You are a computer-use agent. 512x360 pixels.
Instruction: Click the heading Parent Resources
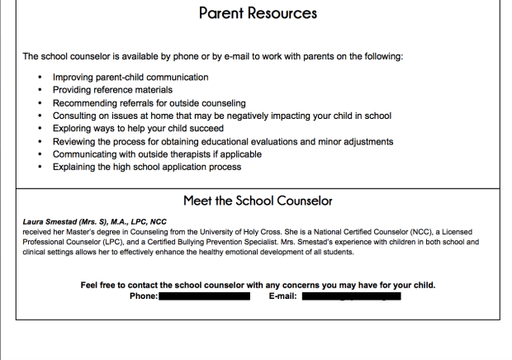(x=258, y=14)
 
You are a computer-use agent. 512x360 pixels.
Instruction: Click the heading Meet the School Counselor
(x=258, y=201)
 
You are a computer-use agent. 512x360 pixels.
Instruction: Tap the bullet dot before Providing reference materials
(x=40, y=90)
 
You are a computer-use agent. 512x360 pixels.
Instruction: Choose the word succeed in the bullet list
(x=204, y=129)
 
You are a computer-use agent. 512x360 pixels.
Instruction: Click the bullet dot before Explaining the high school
(x=40, y=168)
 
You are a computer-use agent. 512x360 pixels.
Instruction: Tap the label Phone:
(x=144, y=296)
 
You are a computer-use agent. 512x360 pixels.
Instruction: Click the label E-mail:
(x=282, y=296)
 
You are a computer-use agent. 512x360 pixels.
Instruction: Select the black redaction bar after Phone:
(x=204, y=296)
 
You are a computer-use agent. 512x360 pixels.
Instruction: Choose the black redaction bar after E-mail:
(x=351, y=296)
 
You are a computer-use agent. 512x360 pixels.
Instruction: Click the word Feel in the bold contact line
(x=90, y=285)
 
